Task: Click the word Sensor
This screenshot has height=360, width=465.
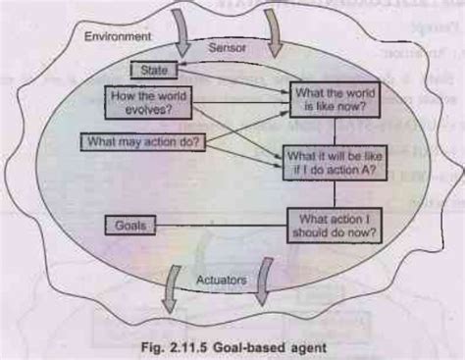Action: pyautogui.click(x=229, y=46)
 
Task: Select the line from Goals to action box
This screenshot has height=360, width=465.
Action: pyautogui.click(x=222, y=226)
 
